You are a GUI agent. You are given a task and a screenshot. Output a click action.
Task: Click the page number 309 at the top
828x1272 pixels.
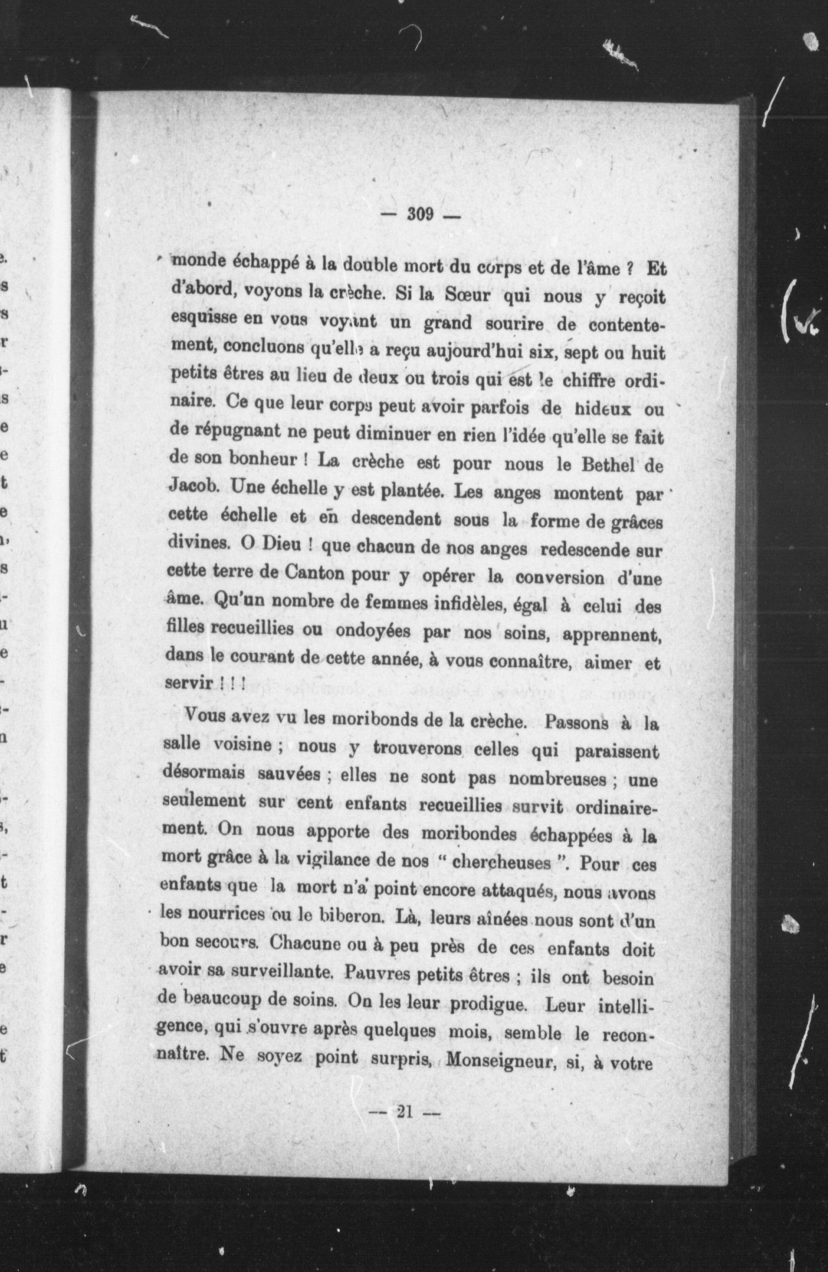coord(420,215)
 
